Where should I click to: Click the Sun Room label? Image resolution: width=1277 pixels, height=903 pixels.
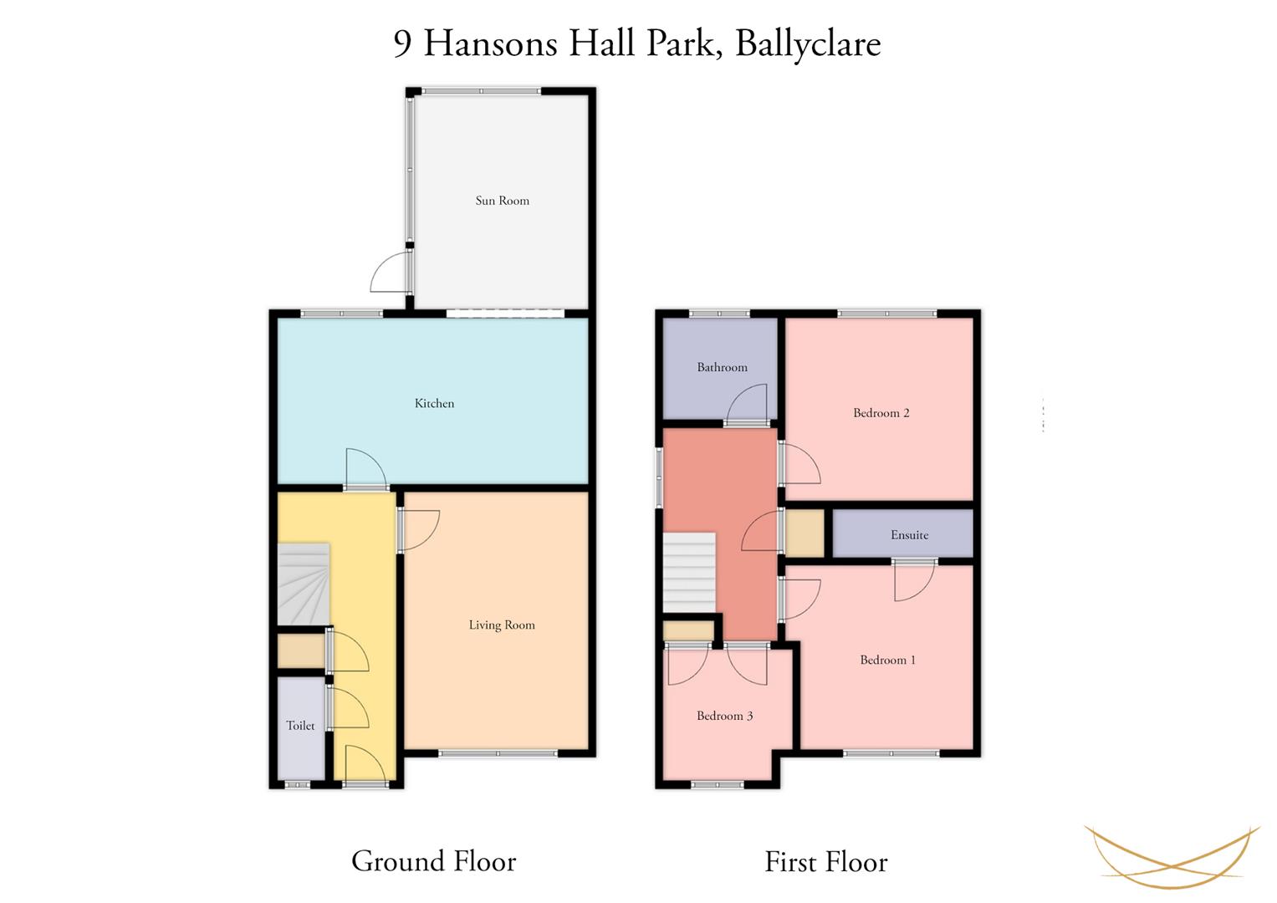pyautogui.click(x=503, y=201)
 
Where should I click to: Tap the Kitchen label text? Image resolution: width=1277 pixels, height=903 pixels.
pyautogui.click(x=434, y=404)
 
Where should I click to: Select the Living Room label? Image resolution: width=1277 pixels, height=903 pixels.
pyautogui.click(x=502, y=625)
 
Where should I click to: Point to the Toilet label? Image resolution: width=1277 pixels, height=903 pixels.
pyautogui.click(x=300, y=725)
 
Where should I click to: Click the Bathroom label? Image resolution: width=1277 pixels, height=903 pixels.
pyautogui.click(x=723, y=367)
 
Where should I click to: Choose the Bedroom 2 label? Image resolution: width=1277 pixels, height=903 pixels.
pyautogui.click(x=881, y=413)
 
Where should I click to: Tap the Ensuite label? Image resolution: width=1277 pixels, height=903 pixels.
pyautogui.click(x=910, y=535)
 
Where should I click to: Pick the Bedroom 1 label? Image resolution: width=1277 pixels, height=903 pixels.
pyautogui.click(x=887, y=661)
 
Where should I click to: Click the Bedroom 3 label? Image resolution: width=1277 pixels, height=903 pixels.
pyautogui.click(x=724, y=716)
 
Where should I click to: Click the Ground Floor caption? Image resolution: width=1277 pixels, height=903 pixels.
pyautogui.click(x=434, y=861)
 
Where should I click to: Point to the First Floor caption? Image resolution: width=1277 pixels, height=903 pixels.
pyautogui.click(x=826, y=861)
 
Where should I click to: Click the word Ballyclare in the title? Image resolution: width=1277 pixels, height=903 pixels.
pyautogui.click(x=809, y=43)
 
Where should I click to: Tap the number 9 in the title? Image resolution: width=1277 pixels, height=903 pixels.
pyautogui.click(x=402, y=43)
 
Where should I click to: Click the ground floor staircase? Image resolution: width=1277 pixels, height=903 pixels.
pyautogui.click(x=304, y=584)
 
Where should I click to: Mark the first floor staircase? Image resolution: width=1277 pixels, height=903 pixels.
pyautogui.click(x=689, y=573)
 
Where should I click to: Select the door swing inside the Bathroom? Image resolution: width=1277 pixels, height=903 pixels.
pyautogui.click(x=748, y=404)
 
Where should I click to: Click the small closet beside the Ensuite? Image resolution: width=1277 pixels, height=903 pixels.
pyautogui.click(x=805, y=533)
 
